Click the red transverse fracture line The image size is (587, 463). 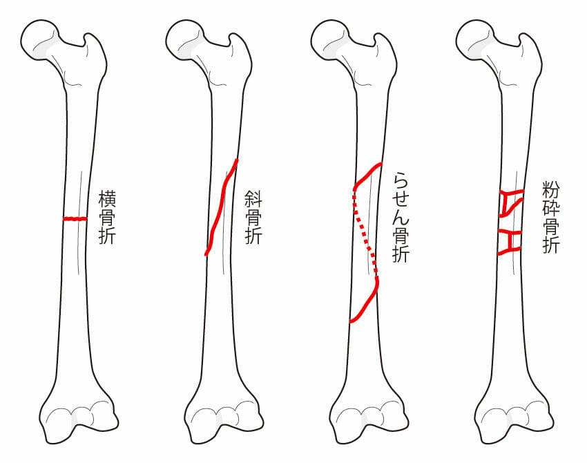(x=75, y=218)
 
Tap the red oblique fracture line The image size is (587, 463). (x=221, y=207)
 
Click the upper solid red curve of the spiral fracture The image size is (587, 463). (x=367, y=175)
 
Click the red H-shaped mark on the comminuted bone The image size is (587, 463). (x=510, y=243)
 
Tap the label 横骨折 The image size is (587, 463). (x=107, y=217)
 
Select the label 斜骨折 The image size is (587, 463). (x=253, y=217)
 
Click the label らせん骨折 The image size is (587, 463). (x=401, y=217)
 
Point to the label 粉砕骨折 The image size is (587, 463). (x=550, y=217)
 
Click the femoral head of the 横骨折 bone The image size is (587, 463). (x=39, y=39)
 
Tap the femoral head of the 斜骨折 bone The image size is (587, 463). (x=184, y=39)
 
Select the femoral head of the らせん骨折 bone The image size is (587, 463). (x=330, y=39)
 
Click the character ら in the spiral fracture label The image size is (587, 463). (x=401, y=180)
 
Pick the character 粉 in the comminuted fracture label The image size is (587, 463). (x=550, y=190)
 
